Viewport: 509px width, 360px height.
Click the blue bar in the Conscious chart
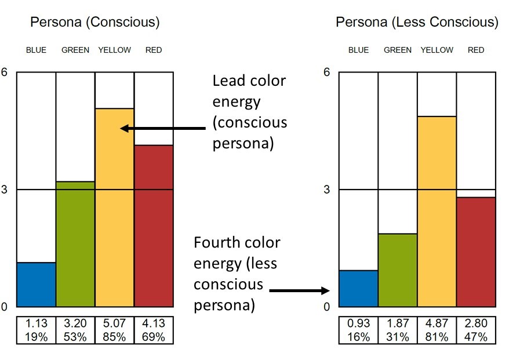pyautogui.click(x=36, y=284)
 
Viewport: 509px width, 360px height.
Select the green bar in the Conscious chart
pyautogui.click(x=75, y=243)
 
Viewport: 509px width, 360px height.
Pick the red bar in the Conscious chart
pyautogui.click(x=154, y=226)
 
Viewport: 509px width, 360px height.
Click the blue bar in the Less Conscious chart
pyautogui.click(x=358, y=288)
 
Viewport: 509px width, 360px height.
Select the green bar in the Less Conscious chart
pyautogui.click(x=398, y=270)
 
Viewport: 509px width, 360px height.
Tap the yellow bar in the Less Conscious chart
pyautogui.click(x=437, y=211)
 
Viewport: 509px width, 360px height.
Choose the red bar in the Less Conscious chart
pyautogui.click(x=476, y=252)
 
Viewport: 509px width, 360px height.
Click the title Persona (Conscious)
pyautogui.click(x=94, y=23)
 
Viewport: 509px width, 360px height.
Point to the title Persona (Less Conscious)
pyautogui.click(x=417, y=23)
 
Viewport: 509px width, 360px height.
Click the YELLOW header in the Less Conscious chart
pyautogui.click(x=437, y=50)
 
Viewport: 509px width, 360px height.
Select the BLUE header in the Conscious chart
pyautogui.click(x=36, y=50)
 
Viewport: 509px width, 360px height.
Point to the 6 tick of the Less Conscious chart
pyautogui.click(x=326, y=72)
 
